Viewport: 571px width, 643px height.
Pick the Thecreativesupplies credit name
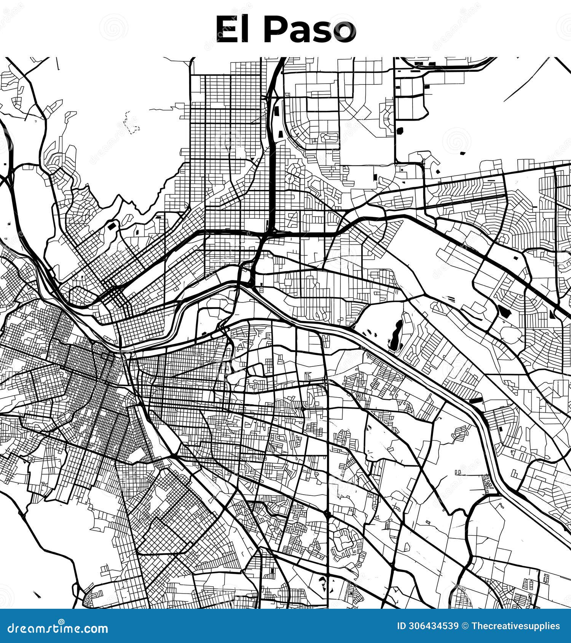[x=515, y=626]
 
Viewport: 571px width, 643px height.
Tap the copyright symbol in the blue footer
[x=465, y=626]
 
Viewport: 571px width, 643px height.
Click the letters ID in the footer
[x=402, y=626]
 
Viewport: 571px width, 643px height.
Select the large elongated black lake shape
[x=396, y=335]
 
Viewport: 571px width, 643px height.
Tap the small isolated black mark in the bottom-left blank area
[x=37, y=594]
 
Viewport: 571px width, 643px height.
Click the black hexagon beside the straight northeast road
[x=400, y=131]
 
